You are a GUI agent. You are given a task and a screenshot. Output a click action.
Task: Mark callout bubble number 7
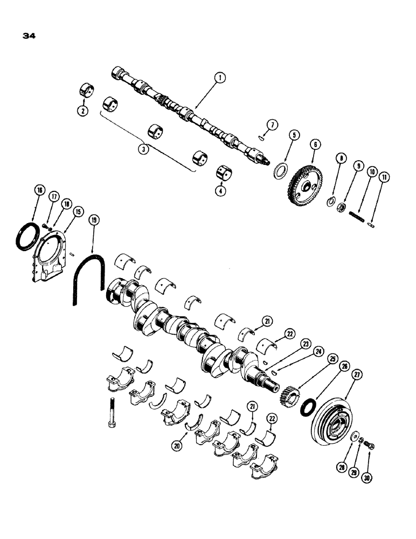point(273,125)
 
